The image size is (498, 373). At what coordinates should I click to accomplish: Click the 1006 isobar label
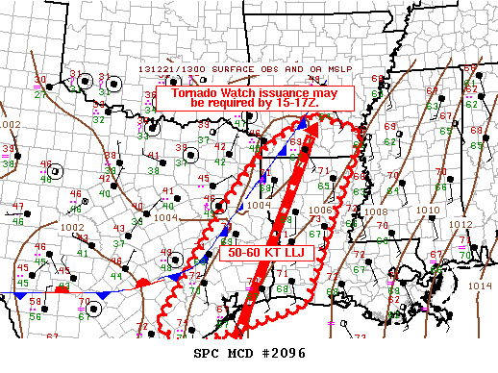(321, 210)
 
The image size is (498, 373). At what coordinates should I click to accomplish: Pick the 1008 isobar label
(376, 211)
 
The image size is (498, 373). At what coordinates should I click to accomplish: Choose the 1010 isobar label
(429, 210)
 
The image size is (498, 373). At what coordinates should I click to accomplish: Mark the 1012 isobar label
(461, 224)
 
